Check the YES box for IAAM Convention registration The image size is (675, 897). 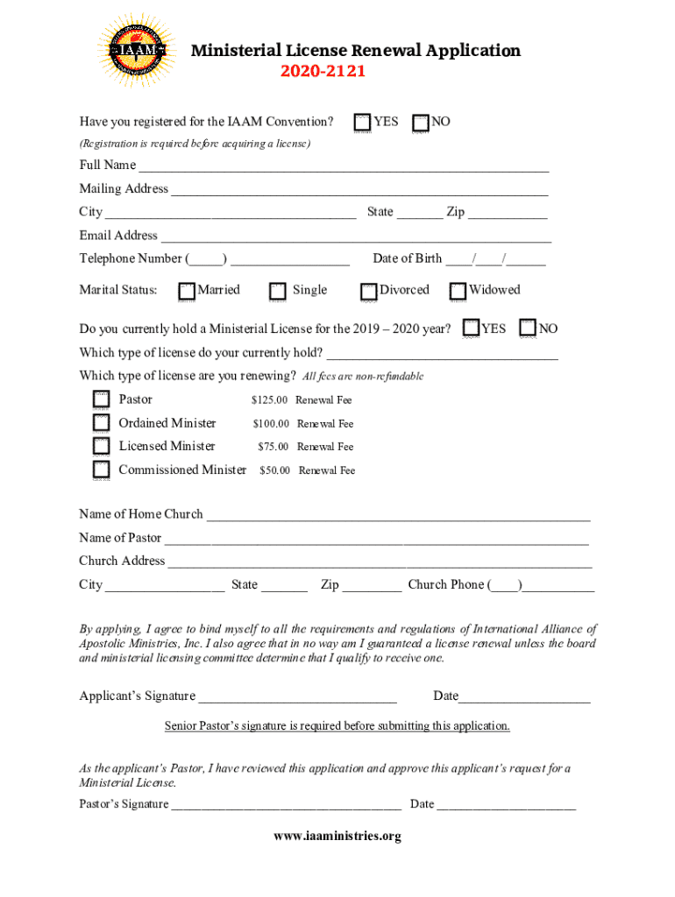point(362,123)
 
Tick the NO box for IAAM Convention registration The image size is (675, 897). point(421,123)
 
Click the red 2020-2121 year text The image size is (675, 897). point(323,71)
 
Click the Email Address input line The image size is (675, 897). point(356,237)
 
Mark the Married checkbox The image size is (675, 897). point(187,291)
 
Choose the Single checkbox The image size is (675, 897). point(278,291)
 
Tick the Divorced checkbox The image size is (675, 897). point(368,291)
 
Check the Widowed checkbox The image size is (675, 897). point(458,291)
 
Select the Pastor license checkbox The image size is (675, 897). point(102,400)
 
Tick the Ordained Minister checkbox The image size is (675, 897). point(102,424)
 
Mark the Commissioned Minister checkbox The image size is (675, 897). point(102,470)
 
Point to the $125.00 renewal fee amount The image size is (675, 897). point(269,400)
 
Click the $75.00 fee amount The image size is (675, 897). point(273,447)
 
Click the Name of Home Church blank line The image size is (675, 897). point(398,515)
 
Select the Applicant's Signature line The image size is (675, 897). point(297,697)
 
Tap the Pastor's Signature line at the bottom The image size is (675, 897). point(287,805)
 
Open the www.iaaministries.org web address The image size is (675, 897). point(337,837)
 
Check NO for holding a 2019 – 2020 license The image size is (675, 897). point(528,328)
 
